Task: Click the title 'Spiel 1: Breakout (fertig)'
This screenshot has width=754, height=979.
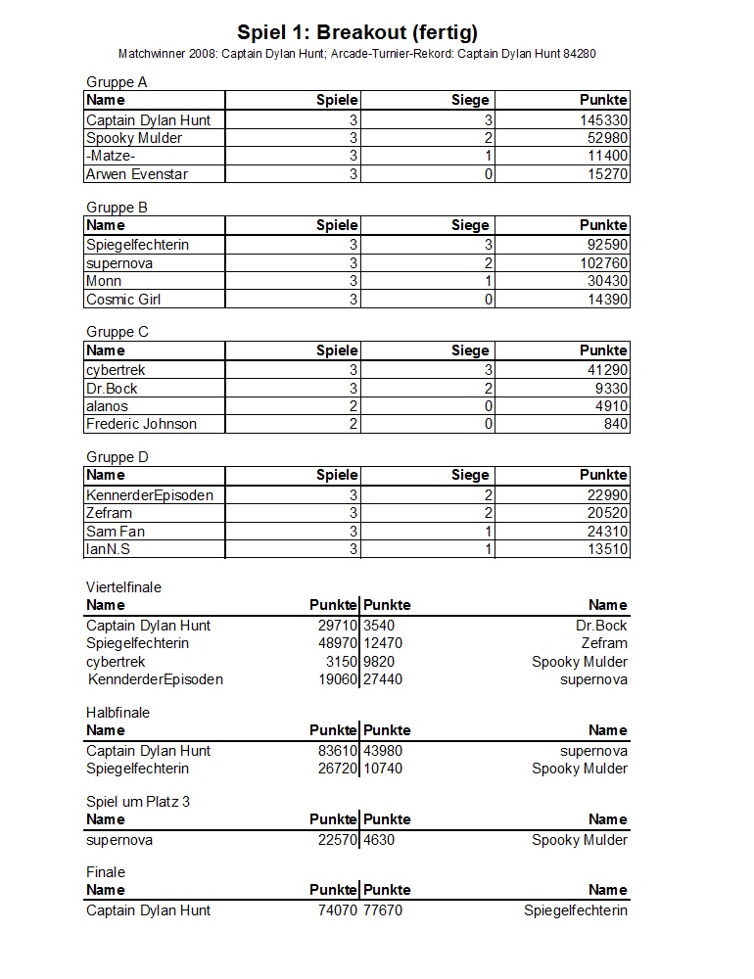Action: (357, 33)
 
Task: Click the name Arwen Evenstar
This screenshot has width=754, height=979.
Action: (137, 174)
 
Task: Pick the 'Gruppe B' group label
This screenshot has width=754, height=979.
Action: (117, 208)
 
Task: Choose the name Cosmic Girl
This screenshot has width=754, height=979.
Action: (123, 300)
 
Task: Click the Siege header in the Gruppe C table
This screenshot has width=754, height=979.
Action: (470, 350)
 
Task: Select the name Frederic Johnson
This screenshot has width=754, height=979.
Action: (141, 424)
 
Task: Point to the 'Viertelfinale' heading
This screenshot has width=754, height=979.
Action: (123, 587)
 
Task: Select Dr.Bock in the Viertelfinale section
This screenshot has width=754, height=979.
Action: (601, 626)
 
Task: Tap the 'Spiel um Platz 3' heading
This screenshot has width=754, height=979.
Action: (138, 802)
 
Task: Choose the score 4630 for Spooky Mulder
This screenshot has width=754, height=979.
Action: (379, 840)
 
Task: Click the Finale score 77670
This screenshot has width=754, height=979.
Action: (383, 910)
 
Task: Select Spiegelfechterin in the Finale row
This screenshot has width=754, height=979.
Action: (576, 910)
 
